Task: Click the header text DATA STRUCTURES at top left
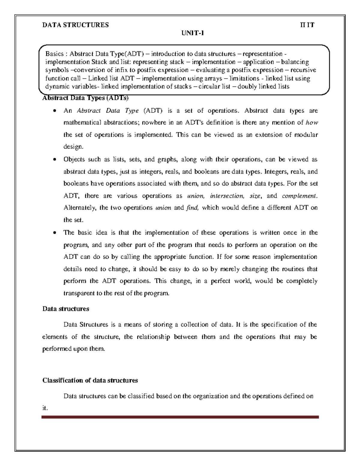(76, 25)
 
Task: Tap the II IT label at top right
(307, 25)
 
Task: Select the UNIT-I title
(192, 33)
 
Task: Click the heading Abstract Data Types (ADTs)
(85, 98)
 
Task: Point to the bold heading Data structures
(66, 309)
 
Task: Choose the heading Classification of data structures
(90, 380)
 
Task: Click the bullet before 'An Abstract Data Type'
(54, 111)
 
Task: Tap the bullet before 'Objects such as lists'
(54, 160)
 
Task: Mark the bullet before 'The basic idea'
(54, 233)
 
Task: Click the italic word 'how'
(312, 122)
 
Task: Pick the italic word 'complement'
(299, 196)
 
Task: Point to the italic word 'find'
(192, 208)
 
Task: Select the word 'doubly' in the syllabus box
(247, 87)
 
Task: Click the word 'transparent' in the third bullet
(79, 293)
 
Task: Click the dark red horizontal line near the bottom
(180, 417)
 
